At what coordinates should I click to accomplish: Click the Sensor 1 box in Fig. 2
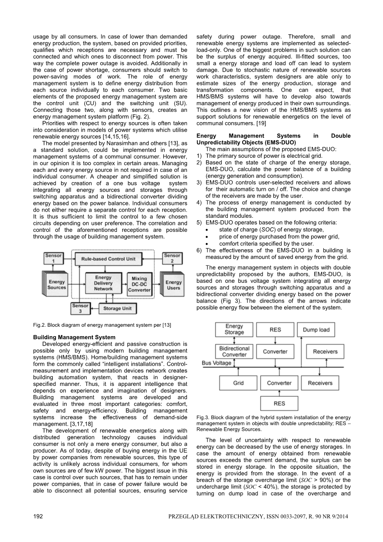pyautogui.click(x=53, y=258)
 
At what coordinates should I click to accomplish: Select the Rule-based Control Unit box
pyautogui.click(x=108, y=259)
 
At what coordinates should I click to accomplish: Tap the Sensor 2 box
pyautogui.click(x=172, y=258)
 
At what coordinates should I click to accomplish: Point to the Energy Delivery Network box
pyautogui.click(x=103, y=283)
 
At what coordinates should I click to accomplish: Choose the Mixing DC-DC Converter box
pyautogui.click(x=139, y=284)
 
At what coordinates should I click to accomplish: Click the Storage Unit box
pyautogui.click(x=117, y=308)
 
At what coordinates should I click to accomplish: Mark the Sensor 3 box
pyautogui.click(x=80, y=308)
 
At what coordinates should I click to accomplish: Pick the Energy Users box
pyautogui.click(x=173, y=285)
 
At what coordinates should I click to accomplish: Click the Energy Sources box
pyautogui.click(x=56, y=284)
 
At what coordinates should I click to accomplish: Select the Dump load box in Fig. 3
pyautogui.click(x=316, y=330)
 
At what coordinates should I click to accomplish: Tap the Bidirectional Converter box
pyautogui.click(x=234, y=352)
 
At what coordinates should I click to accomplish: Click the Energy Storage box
pyautogui.click(x=234, y=330)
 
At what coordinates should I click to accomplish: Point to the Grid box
pyautogui.click(x=238, y=383)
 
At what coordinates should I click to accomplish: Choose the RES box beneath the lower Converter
pyautogui.click(x=279, y=403)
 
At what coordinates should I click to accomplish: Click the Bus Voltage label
pyautogui.click(x=217, y=363)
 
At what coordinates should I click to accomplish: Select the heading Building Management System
pyautogui.click(x=74, y=337)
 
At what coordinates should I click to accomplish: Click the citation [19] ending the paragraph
pyautogui.click(x=261, y=123)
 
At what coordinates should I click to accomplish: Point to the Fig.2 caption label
pyautogui.click(x=40, y=325)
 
